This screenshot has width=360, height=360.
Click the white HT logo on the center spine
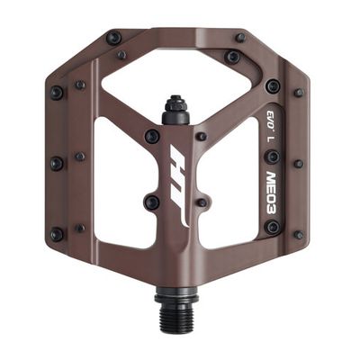point(180,186)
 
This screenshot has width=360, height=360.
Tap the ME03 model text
point(273,193)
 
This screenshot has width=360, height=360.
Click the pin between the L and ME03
point(274,157)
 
